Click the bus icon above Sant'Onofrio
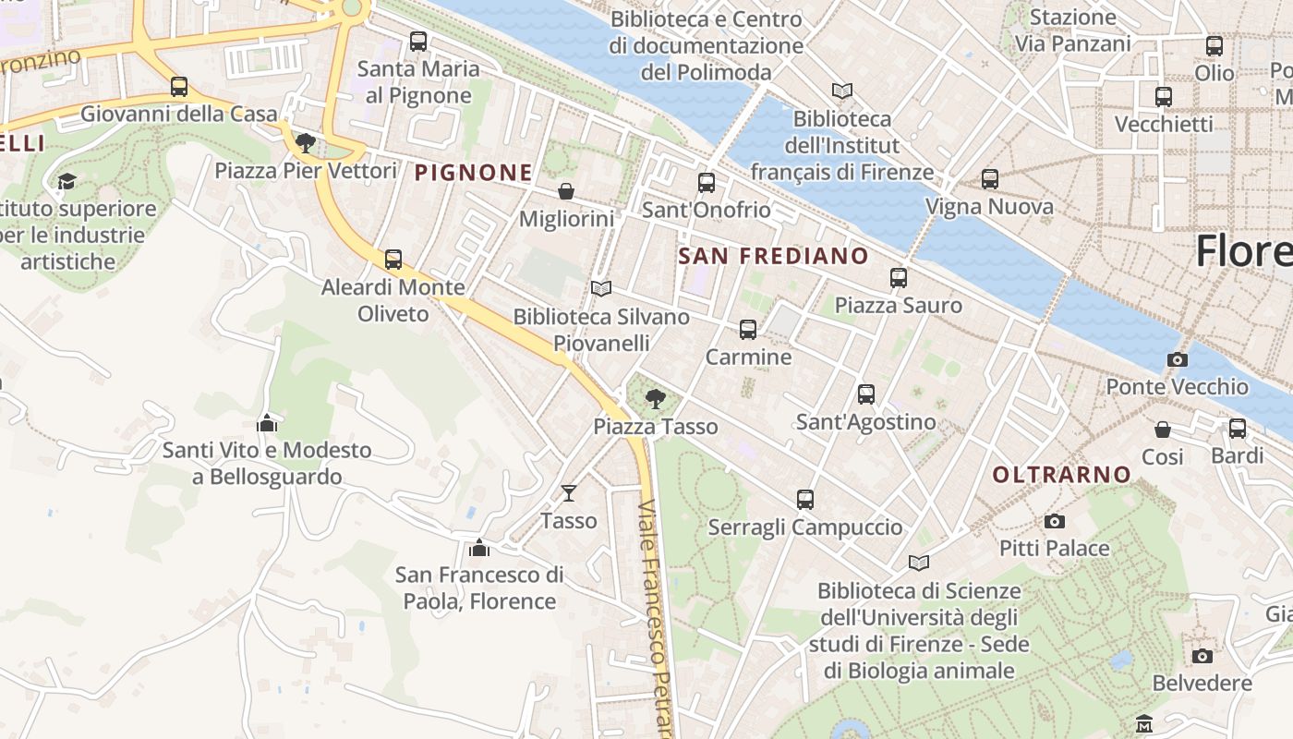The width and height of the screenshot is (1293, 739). pos(707,183)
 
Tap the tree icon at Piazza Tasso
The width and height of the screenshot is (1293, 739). pos(656,399)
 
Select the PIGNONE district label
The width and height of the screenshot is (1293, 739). pos(473,172)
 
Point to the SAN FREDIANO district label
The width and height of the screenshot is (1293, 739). pos(774,256)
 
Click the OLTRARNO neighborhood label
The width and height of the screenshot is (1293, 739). pos(1061,475)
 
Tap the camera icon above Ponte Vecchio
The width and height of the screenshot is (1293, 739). pos(1178,359)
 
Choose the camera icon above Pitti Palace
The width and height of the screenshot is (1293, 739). pos(1054,522)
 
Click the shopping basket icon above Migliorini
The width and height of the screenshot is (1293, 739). pos(566,191)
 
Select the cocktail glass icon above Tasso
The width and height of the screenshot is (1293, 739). pos(569,493)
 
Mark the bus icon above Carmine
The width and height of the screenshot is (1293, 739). pos(748,330)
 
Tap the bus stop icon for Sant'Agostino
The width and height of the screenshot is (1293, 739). pos(866,394)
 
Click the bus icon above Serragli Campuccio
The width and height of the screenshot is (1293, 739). pos(805,500)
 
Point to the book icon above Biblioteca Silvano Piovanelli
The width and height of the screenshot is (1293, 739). pos(601,289)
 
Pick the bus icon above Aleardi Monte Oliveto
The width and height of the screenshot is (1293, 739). pos(393,260)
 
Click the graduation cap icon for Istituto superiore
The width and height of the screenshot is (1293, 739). pos(66,181)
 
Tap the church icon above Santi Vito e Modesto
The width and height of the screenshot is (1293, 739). pos(267,423)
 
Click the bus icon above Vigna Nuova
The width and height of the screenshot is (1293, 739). pos(990,179)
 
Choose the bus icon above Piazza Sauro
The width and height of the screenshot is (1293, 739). pos(899,278)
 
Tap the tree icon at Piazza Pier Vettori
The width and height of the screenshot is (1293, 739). pos(306,143)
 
